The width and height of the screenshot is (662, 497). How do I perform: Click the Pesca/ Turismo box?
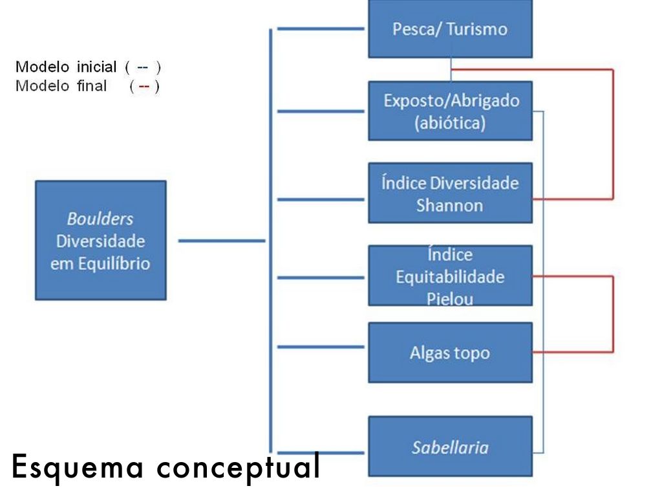[450, 29]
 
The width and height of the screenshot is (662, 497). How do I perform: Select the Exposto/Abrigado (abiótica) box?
[450, 111]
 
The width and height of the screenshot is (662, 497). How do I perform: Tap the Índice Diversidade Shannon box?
[450, 193]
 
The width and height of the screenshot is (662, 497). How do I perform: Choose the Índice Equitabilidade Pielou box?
[450, 276]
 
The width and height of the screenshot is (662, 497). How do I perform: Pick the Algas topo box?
[450, 353]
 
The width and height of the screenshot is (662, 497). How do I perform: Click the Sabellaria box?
[450, 447]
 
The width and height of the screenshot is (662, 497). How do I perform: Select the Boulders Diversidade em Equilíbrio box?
[100, 240]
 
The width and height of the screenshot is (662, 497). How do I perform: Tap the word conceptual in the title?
[239, 467]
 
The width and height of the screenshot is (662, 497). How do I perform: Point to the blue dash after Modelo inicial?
[142, 67]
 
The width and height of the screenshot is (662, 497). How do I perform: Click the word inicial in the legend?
[96, 67]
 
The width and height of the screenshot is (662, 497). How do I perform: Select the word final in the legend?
[92, 86]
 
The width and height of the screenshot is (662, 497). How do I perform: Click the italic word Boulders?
[100, 218]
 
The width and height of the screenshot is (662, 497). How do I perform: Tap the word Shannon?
[449, 205]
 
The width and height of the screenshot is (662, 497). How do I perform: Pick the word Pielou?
[450, 299]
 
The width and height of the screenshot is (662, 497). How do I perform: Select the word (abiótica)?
[450, 122]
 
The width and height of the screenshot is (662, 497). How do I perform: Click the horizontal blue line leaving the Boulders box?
[221, 241]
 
